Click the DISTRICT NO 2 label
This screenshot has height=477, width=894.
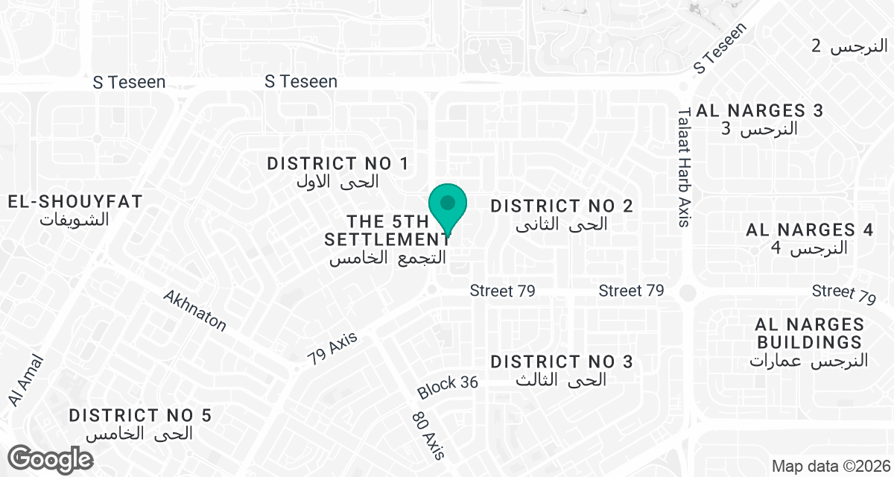(562, 206)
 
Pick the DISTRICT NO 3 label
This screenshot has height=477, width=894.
(562, 362)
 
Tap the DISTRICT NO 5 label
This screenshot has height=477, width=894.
(141, 415)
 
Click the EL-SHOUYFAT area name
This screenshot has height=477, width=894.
(75, 201)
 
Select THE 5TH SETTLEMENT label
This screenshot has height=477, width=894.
(387, 231)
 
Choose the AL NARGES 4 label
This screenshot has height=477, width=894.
(810, 230)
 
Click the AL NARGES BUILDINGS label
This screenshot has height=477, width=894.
(809, 333)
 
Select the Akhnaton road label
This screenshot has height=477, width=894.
(194, 310)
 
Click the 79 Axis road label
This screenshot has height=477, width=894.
(332, 348)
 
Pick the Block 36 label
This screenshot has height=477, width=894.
(447, 386)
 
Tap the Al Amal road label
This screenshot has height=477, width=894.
(27, 380)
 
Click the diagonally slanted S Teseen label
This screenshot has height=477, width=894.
(719, 48)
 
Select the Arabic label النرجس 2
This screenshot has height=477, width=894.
(849, 46)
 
